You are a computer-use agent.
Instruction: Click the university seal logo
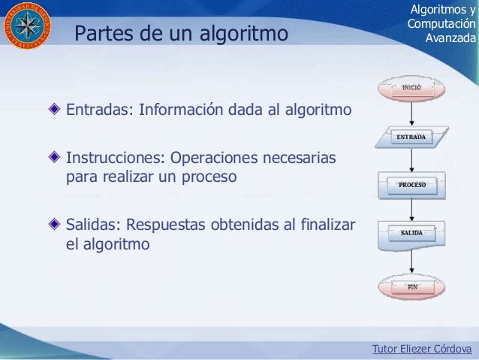click(27, 28)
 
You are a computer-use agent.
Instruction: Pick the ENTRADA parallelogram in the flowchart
click(411, 138)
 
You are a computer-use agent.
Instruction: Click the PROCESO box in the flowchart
click(411, 185)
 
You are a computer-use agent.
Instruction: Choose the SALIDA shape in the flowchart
click(411, 233)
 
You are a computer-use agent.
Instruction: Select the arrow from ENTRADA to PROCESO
click(411, 162)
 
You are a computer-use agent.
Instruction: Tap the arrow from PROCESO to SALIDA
click(411, 210)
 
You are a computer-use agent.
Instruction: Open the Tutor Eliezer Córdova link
click(422, 349)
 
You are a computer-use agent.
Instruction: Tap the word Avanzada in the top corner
click(450, 37)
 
